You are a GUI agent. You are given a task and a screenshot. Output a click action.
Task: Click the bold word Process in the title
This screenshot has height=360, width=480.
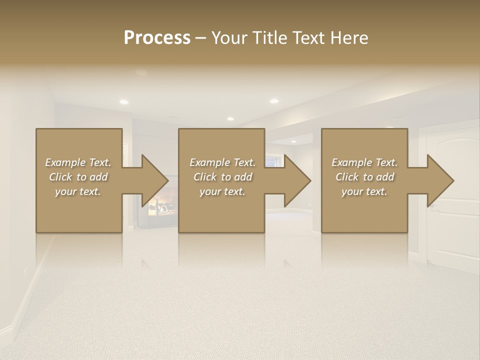pyautogui.click(x=157, y=38)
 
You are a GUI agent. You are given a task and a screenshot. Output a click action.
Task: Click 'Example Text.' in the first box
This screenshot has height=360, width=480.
pyautogui.click(x=78, y=162)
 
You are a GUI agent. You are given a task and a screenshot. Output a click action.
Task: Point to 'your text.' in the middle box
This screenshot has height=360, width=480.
pyautogui.click(x=222, y=191)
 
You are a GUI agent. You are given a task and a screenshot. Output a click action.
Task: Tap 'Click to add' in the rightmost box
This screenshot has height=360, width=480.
pyautogui.click(x=365, y=177)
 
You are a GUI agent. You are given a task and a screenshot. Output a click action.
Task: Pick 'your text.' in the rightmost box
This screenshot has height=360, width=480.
pyautogui.click(x=364, y=191)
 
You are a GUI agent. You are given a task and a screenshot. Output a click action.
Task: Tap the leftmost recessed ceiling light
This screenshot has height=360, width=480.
pyautogui.click(x=123, y=101)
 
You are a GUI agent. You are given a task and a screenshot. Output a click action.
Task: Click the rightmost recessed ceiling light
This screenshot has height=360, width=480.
pyautogui.click(x=274, y=101)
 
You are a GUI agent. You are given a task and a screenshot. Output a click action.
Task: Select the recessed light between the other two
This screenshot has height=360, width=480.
pyautogui.click(x=230, y=118)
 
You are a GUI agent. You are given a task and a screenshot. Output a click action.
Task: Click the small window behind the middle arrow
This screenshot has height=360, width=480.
pyautogui.click(x=274, y=161)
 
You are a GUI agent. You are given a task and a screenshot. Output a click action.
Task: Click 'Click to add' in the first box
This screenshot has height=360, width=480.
pyautogui.click(x=78, y=177)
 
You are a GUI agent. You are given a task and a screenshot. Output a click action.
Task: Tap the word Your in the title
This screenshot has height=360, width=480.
pyautogui.click(x=229, y=38)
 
